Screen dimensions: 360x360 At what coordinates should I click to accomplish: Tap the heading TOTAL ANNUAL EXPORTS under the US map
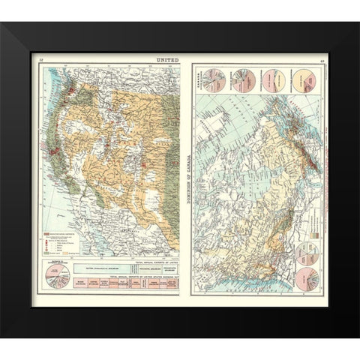(154, 261)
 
